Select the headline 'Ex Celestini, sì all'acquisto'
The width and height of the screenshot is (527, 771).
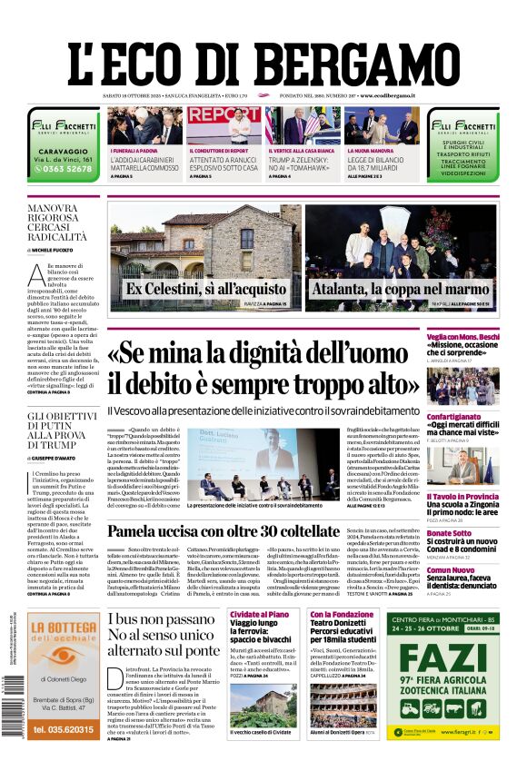[x=194, y=289]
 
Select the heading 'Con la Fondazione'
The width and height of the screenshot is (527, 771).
[x=341, y=615]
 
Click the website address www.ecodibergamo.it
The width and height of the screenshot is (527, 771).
[x=388, y=95]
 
